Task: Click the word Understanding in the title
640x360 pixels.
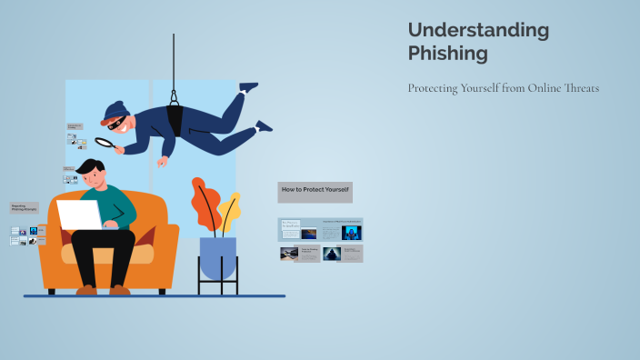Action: (x=478, y=30)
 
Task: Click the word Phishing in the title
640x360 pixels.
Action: (x=447, y=54)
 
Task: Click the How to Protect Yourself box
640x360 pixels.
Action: (x=315, y=191)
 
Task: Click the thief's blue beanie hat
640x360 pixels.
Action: (x=114, y=111)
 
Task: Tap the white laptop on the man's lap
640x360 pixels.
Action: (x=80, y=215)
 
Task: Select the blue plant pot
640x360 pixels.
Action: (x=217, y=256)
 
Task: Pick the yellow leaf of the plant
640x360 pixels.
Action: (x=230, y=212)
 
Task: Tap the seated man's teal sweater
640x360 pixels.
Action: (x=120, y=205)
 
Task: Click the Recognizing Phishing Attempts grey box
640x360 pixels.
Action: (x=25, y=208)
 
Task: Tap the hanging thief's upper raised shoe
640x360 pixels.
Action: (x=248, y=87)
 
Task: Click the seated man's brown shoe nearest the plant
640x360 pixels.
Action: (x=119, y=290)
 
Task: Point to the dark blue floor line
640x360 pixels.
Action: (x=155, y=296)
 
